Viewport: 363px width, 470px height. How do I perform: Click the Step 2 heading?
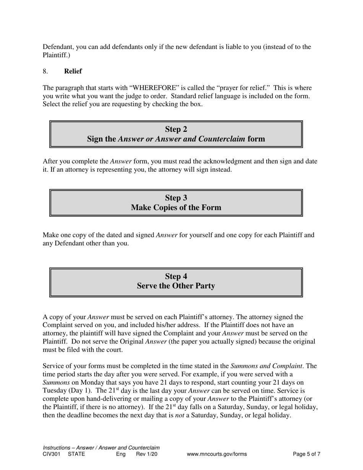(176, 129)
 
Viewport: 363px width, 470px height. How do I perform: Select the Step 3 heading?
(176, 198)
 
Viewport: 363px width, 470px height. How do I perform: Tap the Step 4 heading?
(176, 276)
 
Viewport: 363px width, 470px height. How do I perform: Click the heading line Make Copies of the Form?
(176, 207)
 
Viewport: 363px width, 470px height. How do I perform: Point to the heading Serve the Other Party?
(176, 286)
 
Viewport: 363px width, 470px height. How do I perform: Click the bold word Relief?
(73, 71)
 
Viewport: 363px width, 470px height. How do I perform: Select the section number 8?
(45, 71)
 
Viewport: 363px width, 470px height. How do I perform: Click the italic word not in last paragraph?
(180, 415)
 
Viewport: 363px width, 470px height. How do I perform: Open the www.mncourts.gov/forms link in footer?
(217, 454)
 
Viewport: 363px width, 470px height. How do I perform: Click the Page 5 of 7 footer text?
(306, 454)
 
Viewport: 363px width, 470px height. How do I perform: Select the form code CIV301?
(52, 454)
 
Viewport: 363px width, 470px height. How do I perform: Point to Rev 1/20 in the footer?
(147, 454)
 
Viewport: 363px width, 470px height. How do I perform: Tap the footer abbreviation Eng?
(121, 454)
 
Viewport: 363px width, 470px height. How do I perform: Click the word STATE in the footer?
(76, 454)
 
